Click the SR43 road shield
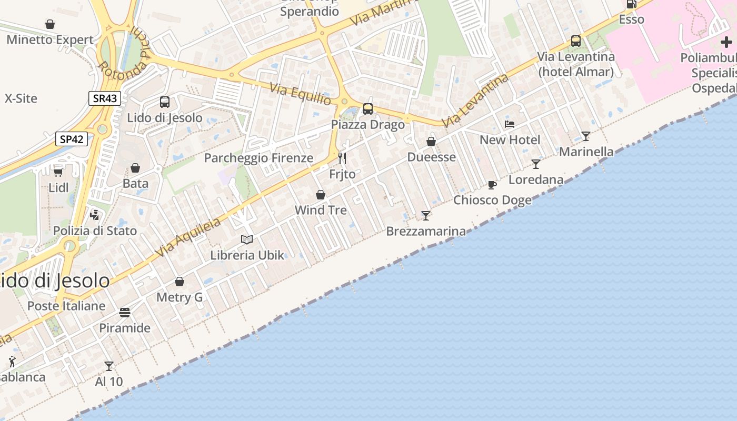[x=105, y=98]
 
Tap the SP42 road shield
[x=72, y=139]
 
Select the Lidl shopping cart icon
[x=58, y=172]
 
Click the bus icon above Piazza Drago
[x=368, y=109]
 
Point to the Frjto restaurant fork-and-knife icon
[x=342, y=158]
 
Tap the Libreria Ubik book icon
[x=247, y=240]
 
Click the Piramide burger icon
[x=125, y=313]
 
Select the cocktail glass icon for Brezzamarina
[x=426, y=216]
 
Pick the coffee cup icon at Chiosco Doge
[x=492, y=185]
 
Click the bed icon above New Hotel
[x=510, y=124]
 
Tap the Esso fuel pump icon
[x=631, y=4]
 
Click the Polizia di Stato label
[x=95, y=230]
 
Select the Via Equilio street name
[x=301, y=94]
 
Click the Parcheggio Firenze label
[x=258, y=158]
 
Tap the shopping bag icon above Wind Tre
[x=321, y=195]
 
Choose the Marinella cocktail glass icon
[x=586, y=136]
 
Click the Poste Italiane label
[x=66, y=306]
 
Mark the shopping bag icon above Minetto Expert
[x=50, y=24]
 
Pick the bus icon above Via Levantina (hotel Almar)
[x=576, y=41]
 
